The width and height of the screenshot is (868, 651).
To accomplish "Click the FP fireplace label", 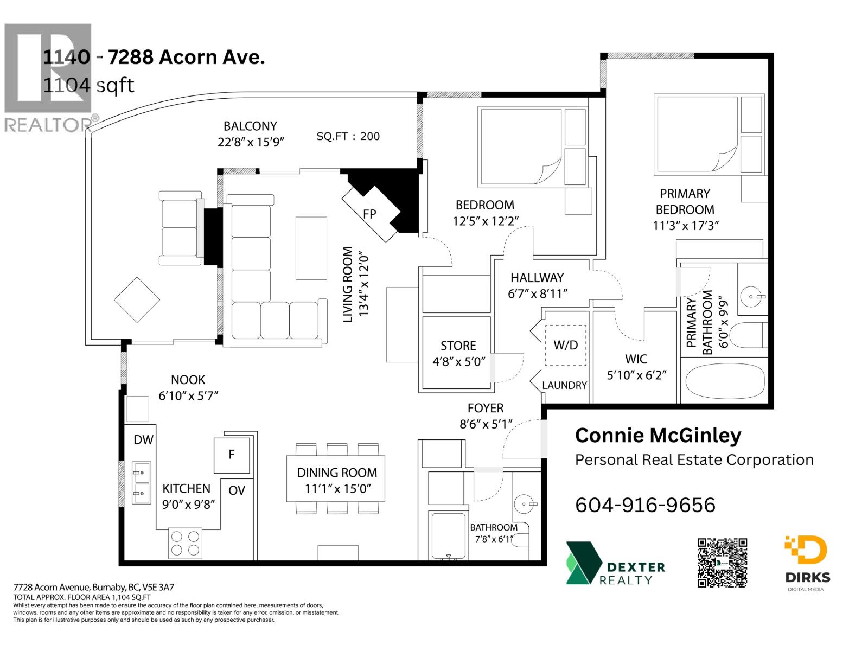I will (369, 214).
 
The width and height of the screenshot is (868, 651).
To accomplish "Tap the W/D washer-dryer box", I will (565, 345).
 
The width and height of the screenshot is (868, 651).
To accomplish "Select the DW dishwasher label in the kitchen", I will (143, 440).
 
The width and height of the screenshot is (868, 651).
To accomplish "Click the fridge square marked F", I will (232, 455).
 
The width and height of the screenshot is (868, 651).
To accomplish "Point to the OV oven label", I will (237, 490).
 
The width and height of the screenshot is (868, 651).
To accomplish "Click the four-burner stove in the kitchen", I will (185, 543).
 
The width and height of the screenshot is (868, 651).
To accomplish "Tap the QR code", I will (722, 563).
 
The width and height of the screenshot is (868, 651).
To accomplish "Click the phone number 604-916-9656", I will (645, 505).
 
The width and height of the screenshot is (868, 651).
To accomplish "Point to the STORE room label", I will (458, 346).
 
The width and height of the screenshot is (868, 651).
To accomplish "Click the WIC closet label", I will (636, 359).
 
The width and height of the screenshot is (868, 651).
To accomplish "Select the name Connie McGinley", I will (658, 435).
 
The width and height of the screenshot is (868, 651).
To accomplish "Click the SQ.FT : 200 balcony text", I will (348, 137).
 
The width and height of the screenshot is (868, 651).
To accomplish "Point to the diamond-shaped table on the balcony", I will (137, 299).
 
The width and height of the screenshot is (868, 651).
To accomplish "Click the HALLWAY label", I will (537, 278).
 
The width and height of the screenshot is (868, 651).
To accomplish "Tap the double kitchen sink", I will (142, 483).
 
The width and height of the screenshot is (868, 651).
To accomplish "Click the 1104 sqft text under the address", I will (88, 85).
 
